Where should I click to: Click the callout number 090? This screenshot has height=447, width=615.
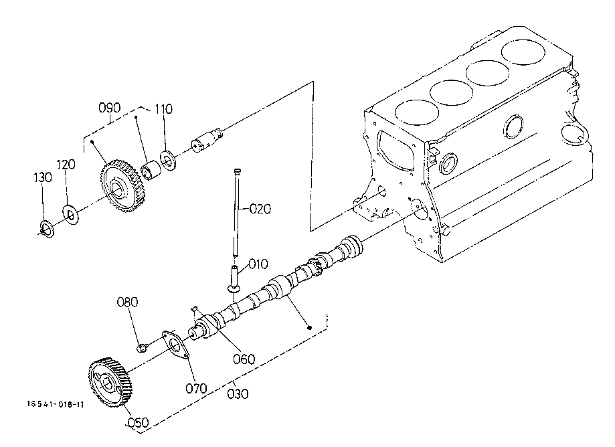point(110,108)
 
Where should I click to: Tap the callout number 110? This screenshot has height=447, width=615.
point(163,108)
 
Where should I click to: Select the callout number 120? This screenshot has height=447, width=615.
point(66,165)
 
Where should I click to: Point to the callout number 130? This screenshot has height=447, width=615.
point(42,177)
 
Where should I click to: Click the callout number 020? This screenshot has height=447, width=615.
point(260,209)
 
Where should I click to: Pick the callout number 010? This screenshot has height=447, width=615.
point(258,264)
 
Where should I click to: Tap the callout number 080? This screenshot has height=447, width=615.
point(127,302)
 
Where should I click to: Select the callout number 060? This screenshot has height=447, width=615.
point(244,359)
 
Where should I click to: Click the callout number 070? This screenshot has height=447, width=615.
point(196,389)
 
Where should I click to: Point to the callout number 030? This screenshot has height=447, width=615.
point(238,393)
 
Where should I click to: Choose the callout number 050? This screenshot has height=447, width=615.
point(139,422)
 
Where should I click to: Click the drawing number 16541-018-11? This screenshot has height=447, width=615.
point(56,404)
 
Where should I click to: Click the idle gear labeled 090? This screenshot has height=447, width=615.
point(121,186)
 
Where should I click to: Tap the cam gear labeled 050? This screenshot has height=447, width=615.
point(110,382)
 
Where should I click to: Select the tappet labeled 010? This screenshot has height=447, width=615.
point(234,279)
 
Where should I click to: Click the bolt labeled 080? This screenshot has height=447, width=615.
point(141,347)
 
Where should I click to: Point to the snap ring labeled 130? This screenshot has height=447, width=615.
point(47,229)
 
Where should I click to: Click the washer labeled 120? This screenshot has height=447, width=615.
point(70,214)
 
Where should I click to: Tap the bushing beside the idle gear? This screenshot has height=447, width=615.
point(151,171)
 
